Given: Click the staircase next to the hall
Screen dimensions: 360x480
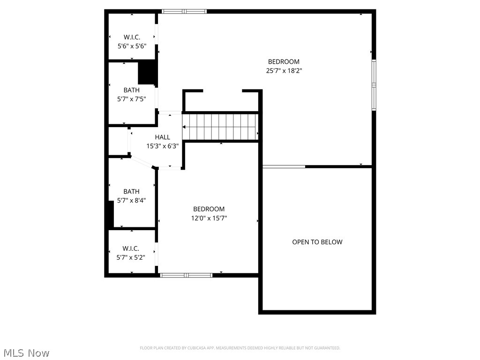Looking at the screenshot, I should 220,127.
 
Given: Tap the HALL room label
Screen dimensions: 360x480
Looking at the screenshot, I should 163,137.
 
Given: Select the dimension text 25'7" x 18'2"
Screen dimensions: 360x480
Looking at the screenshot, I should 284,71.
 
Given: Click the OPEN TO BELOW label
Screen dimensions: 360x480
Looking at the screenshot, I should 317,242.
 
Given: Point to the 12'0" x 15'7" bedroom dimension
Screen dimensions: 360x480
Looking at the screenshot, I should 209,218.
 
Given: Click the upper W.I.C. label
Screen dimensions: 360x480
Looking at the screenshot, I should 132,37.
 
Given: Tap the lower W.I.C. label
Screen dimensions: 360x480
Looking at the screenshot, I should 131,248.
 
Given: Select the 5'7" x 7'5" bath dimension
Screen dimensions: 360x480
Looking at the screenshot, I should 132,99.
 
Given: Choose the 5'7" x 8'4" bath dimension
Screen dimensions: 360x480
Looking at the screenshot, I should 131,201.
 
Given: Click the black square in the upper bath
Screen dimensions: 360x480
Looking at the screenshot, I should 147,72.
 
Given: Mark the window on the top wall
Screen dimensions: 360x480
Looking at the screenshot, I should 184,11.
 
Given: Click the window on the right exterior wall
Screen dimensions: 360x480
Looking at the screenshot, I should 374,84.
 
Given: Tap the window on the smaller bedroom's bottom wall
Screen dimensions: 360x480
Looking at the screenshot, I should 186,275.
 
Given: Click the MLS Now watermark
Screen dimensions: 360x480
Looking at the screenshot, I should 26,352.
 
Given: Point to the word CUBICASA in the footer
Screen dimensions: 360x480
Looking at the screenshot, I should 201,348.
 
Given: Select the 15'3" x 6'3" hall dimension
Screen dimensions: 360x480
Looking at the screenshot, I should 163,146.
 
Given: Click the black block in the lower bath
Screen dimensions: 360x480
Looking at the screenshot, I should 111,215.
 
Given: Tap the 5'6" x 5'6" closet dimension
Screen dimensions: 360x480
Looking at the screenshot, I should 132,46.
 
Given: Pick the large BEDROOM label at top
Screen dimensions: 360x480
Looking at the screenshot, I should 284,61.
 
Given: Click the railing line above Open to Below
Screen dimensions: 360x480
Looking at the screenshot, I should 284,166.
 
